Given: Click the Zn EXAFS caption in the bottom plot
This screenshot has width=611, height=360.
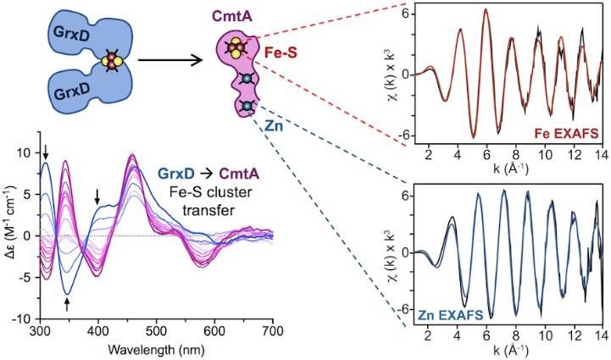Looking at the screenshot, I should (450, 314).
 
